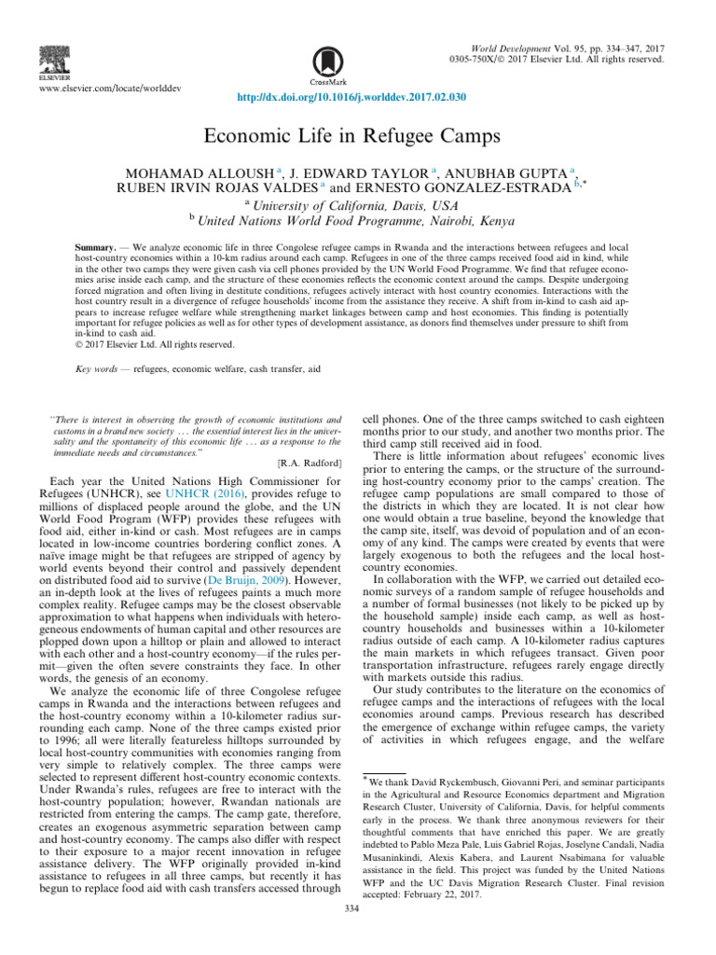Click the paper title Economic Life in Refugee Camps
coord(357,135)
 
